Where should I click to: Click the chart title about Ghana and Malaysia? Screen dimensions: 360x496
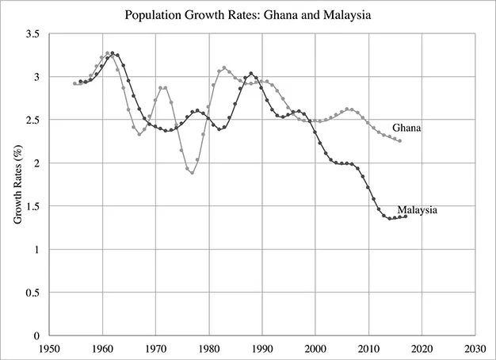click(248, 14)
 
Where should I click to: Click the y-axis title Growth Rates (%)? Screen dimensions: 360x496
click(17, 184)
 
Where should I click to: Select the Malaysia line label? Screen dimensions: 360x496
click(418, 210)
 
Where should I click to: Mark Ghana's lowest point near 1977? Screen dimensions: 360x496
click(193, 173)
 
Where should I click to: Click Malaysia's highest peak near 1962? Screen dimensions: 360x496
click(113, 53)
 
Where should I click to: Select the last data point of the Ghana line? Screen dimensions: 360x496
click(400, 141)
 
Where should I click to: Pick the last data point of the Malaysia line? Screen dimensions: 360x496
click(406, 216)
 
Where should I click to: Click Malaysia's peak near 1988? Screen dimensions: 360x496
click(251, 74)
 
